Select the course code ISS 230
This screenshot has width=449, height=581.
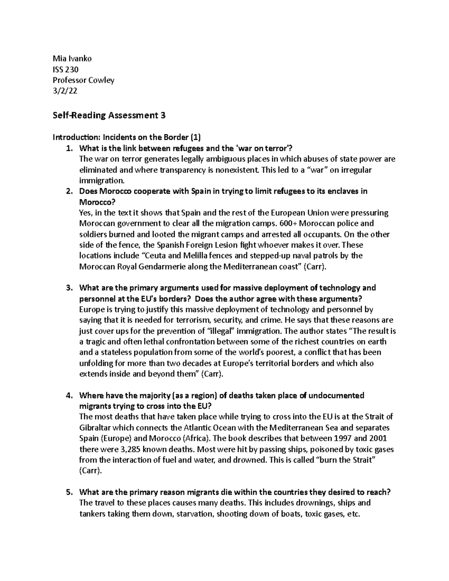[x=65, y=69]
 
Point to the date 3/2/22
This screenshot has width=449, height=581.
[x=65, y=91]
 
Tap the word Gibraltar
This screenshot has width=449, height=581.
[x=95, y=428]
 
